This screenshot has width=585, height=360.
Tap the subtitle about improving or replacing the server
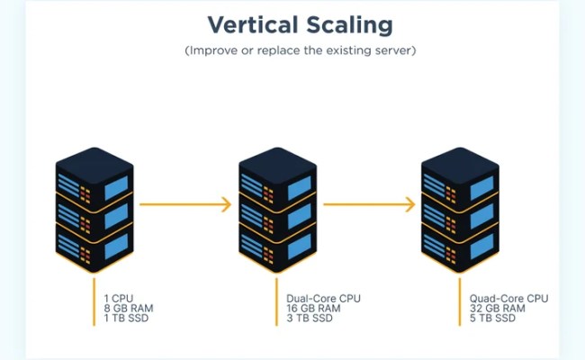pyautogui.click(x=300, y=50)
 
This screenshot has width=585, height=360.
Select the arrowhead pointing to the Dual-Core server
pyautogui.click(x=226, y=204)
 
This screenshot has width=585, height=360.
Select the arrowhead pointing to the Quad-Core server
pyautogui.click(x=409, y=204)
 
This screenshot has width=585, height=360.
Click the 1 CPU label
pyautogui.click(x=121, y=297)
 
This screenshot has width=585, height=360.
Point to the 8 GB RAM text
pyautogui.click(x=129, y=308)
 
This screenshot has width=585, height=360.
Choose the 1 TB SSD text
pyautogui.click(x=127, y=319)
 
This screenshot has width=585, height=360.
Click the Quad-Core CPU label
pyautogui.click(x=508, y=297)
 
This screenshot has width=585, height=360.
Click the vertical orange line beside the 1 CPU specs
pyautogui.click(x=94, y=301)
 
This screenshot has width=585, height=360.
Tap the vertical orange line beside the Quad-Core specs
pyautogui.click(x=460, y=301)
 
